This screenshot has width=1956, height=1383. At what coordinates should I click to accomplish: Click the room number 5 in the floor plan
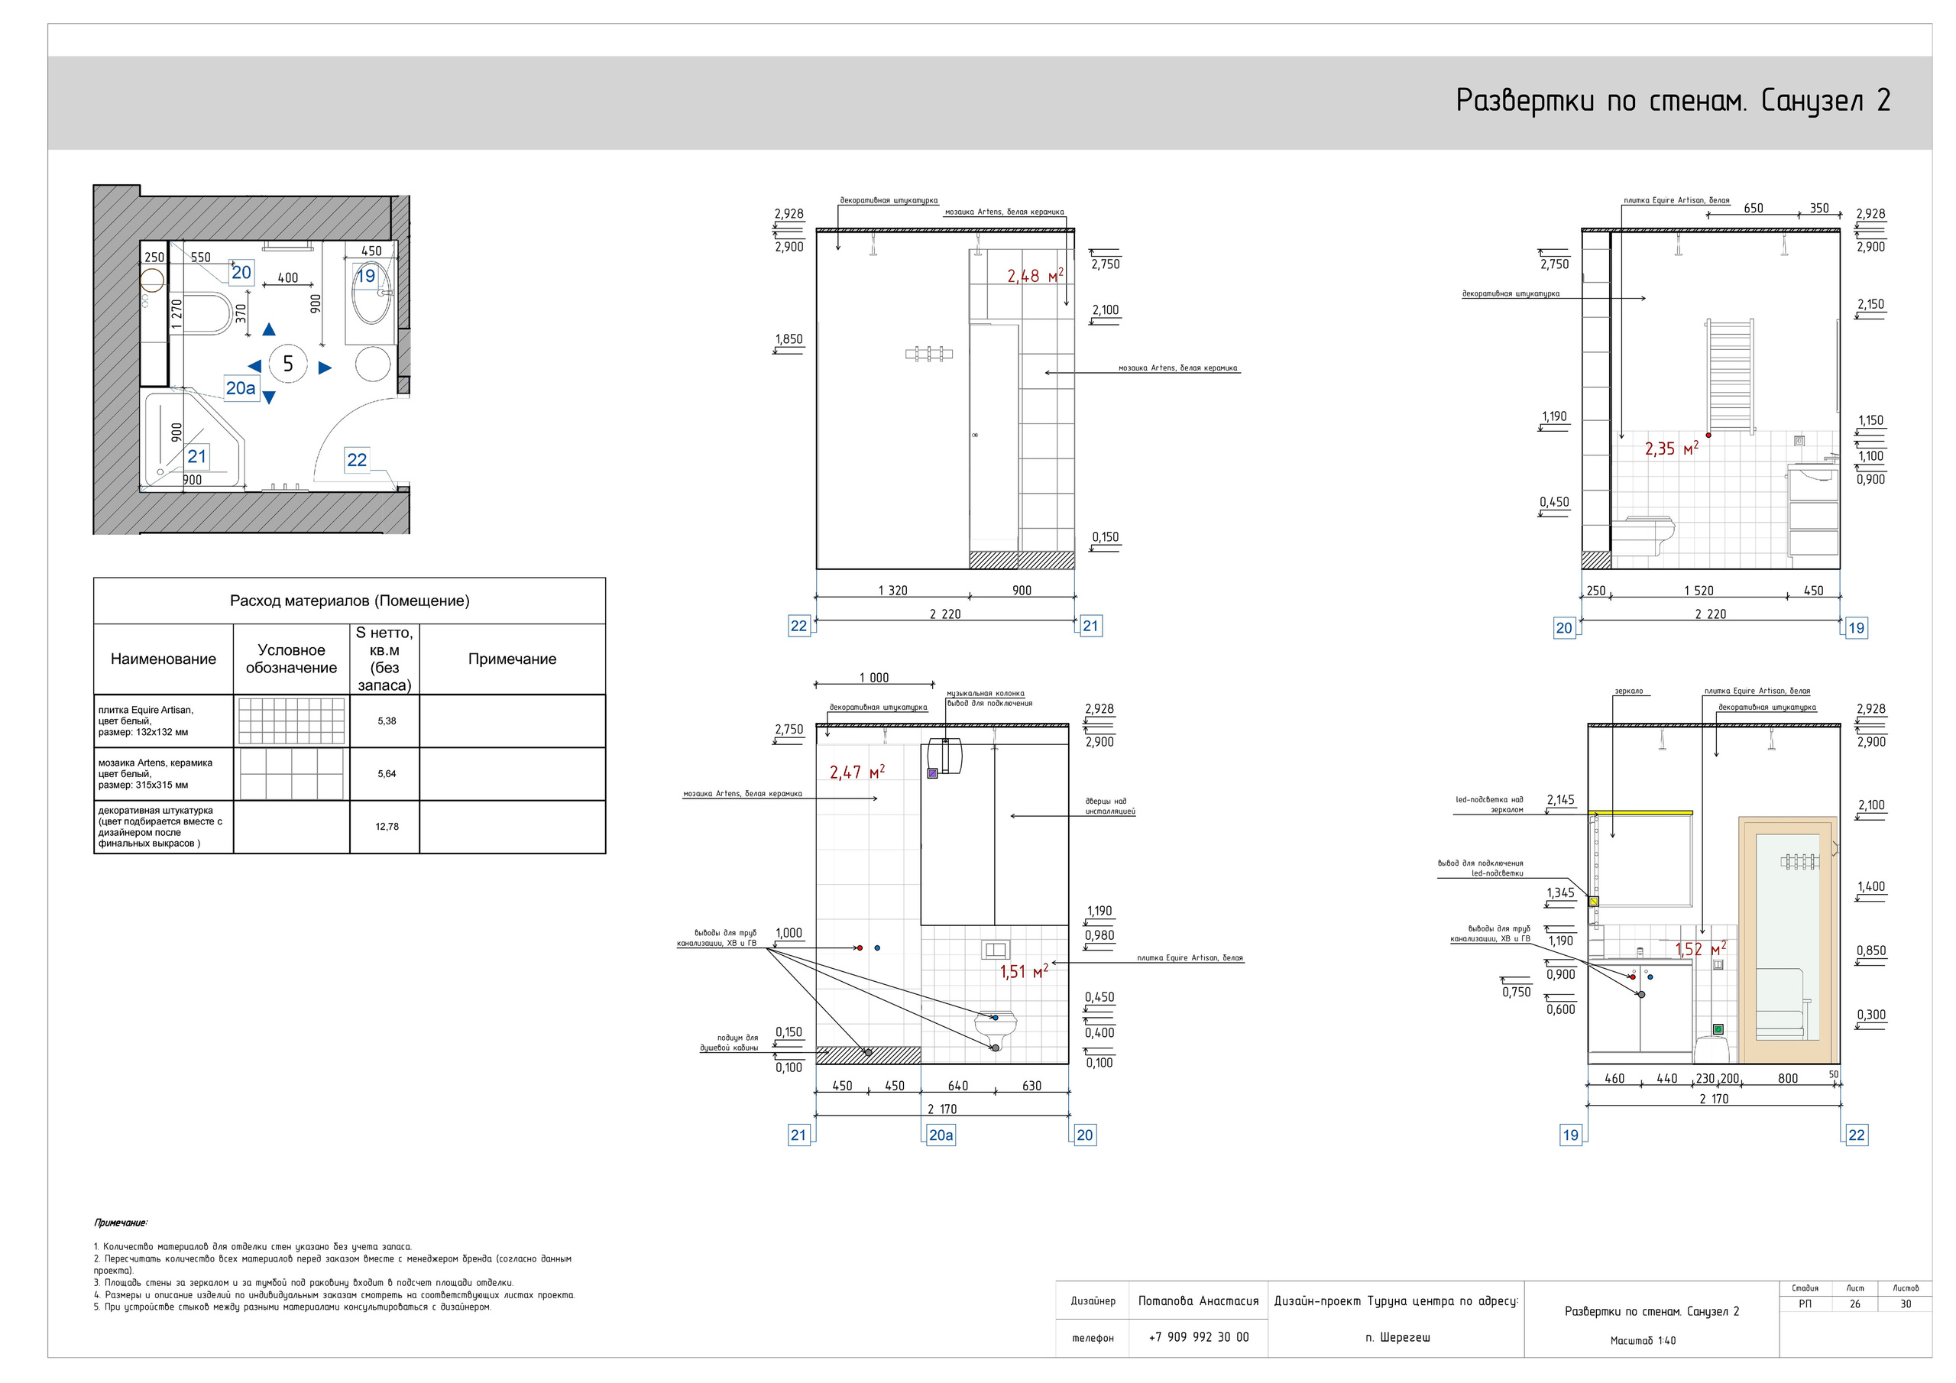pyautogui.click(x=288, y=364)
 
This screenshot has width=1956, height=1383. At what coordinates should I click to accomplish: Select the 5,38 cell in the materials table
pyautogui.click(x=386, y=721)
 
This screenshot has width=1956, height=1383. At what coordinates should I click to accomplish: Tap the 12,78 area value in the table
pyautogui.click(x=386, y=827)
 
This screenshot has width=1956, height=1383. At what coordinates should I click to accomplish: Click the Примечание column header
pyautogui.click(x=511, y=659)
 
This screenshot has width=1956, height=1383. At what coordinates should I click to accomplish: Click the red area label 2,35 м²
pyautogui.click(x=1670, y=449)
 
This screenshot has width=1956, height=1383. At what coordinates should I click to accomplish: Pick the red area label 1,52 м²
pyautogui.click(x=1699, y=948)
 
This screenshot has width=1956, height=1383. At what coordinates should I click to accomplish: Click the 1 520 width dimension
pyautogui.click(x=1698, y=591)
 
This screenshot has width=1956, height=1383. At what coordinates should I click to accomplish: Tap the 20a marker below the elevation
pyautogui.click(x=941, y=1135)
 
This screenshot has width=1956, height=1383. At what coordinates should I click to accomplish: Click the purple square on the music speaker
pyautogui.click(x=932, y=773)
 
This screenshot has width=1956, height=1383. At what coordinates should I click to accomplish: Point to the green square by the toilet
pyautogui.click(x=1718, y=1029)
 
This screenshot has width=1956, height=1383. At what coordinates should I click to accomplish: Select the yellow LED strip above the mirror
pyautogui.click(x=1640, y=813)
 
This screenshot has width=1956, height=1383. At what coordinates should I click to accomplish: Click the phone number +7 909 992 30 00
pyautogui.click(x=1198, y=1337)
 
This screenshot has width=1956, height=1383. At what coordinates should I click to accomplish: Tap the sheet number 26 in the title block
pyautogui.click(x=1854, y=1304)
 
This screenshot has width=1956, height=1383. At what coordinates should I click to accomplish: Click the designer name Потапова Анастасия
pyautogui.click(x=1198, y=1301)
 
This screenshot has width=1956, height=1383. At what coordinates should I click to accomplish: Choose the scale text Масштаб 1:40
pyautogui.click(x=1643, y=1340)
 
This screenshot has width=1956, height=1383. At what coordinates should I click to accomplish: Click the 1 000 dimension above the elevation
pyautogui.click(x=873, y=678)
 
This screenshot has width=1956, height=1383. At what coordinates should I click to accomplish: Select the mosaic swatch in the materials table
pyautogui.click(x=291, y=774)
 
